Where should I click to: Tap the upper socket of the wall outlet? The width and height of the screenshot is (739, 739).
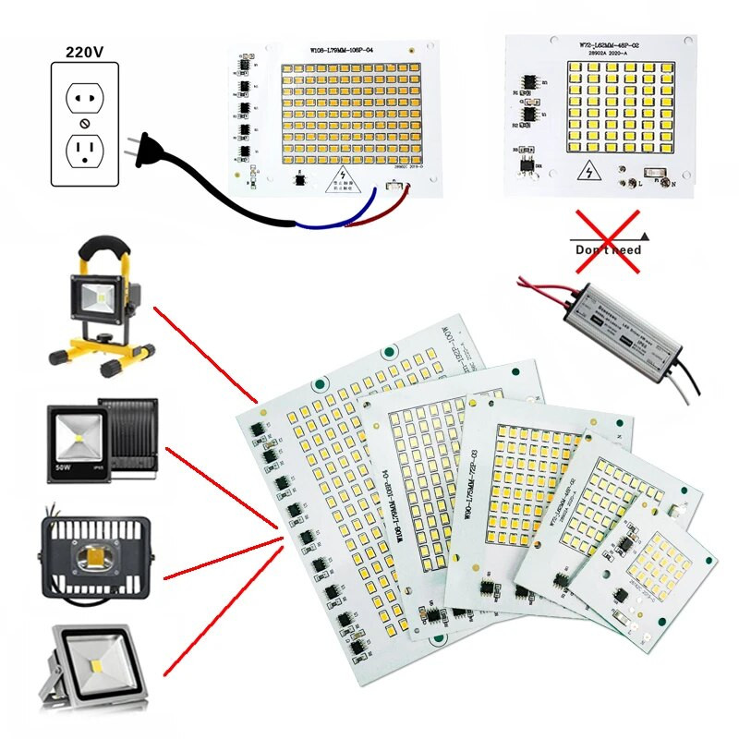pos(85,93)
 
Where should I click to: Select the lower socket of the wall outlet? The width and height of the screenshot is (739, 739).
pos(85,151)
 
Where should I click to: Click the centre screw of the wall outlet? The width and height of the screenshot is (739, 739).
pos(85,123)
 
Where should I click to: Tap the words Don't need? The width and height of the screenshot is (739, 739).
pos(608,249)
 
